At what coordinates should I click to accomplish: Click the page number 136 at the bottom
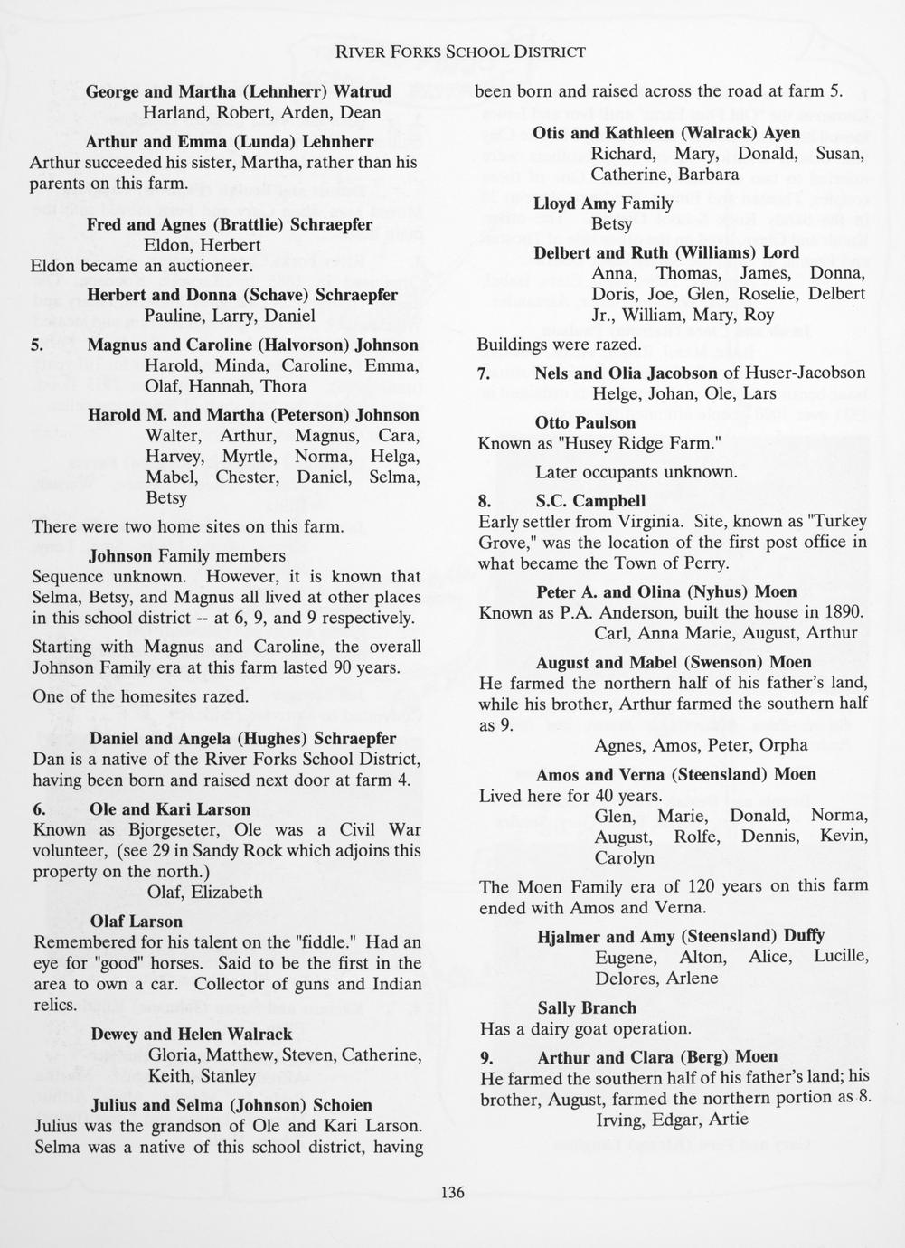click(x=452, y=1192)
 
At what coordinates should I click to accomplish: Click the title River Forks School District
click(x=460, y=52)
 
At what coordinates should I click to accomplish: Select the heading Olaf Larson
click(x=137, y=922)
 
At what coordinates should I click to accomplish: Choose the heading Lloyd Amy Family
click(x=603, y=203)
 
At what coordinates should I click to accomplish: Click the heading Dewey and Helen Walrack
click(x=192, y=1034)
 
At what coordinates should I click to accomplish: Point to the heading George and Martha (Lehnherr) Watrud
click(x=238, y=91)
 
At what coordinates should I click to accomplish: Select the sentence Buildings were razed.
click(x=559, y=345)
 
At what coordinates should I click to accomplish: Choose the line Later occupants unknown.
click(x=636, y=472)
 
